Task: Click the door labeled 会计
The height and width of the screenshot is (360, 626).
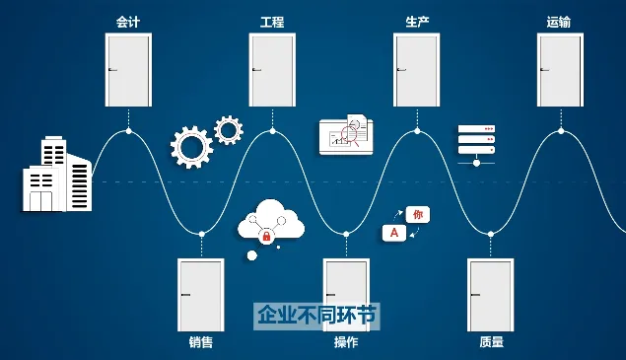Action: coord(128,70)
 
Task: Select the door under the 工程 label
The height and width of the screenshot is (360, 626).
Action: coord(272,70)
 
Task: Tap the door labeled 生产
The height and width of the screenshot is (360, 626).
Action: coord(416,70)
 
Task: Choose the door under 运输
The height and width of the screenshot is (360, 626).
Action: coord(560,70)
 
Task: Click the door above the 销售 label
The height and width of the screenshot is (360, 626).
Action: coord(200,295)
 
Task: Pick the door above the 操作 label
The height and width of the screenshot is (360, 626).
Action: coord(346,295)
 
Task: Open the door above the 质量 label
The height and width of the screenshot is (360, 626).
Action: coord(490,295)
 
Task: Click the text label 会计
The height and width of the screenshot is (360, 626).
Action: coord(128,21)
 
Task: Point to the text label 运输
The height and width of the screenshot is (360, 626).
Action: coord(559,21)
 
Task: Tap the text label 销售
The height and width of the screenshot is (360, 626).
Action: coord(200,343)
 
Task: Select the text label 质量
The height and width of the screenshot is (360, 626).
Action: coord(491,343)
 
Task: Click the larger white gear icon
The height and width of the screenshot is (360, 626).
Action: coord(190,147)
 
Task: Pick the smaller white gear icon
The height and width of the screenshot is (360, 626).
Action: coord(229,129)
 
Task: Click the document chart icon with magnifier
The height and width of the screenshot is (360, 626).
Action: coord(345,134)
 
